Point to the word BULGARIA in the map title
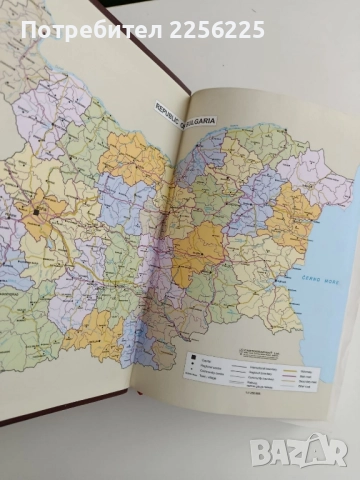198,122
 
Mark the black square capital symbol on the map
34,213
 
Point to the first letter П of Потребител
27,31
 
